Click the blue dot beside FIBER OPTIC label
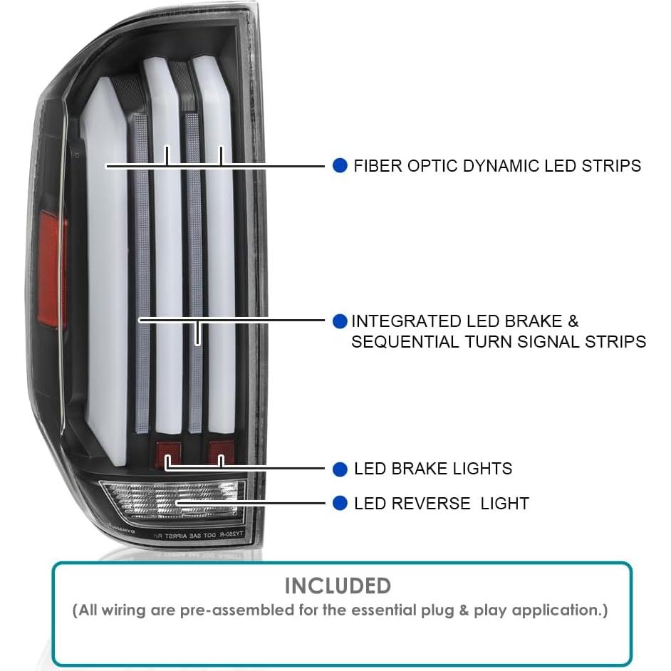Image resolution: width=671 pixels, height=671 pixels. pos(340,166)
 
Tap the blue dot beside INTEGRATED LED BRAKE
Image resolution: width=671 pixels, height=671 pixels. pos(340,321)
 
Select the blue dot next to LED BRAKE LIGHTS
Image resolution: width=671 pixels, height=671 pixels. pos(340,469)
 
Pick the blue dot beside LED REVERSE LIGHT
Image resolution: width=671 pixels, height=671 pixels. pos(340,504)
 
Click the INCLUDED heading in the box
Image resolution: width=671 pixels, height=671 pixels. pos(338,586)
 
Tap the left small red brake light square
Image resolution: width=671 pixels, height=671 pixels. pos(166,452)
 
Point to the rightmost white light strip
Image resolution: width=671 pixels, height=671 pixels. pos(222,271)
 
